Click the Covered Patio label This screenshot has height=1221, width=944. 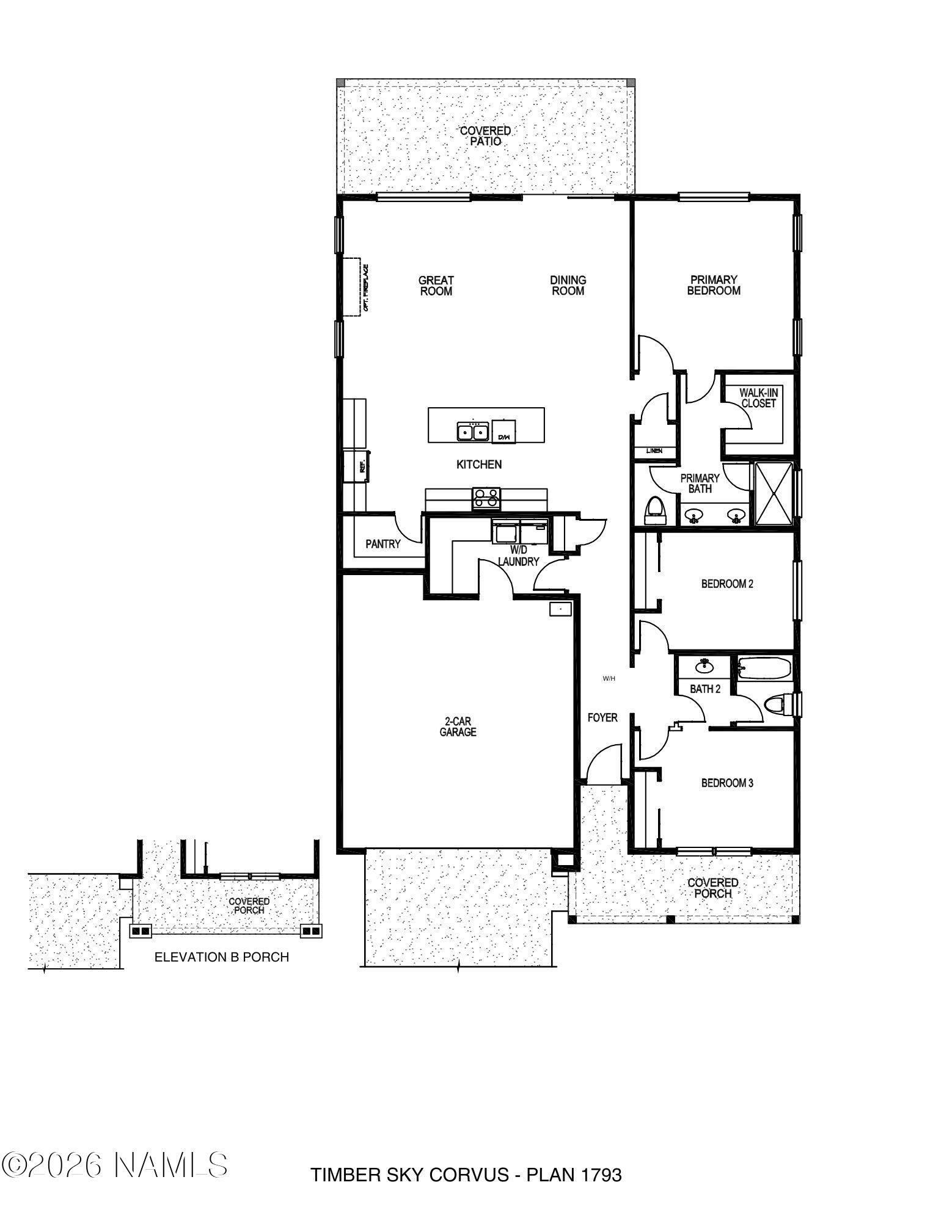[x=485, y=136]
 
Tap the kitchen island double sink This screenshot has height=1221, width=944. [x=473, y=432]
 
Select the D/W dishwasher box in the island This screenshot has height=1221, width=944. [x=504, y=432]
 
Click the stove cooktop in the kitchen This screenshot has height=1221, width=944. [x=486, y=498]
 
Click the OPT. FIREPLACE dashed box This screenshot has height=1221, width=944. [x=351, y=287]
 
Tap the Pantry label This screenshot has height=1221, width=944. [x=382, y=544]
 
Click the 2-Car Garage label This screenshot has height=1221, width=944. [x=458, y=726]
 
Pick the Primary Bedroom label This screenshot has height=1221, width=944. [x=714, y=285]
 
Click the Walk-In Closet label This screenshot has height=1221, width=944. [x=758, y=398]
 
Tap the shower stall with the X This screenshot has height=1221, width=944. [x=774, y=493]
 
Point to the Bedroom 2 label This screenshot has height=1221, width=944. [x=727, y=584]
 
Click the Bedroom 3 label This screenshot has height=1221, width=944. [x=727, y=783]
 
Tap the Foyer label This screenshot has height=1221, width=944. [x=602, y=717]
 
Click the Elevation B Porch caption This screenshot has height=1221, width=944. [x=221, y=957]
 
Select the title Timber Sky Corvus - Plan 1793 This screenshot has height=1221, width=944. [x=466, y=1175]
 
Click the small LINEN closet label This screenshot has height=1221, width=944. [x=654, y=451]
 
